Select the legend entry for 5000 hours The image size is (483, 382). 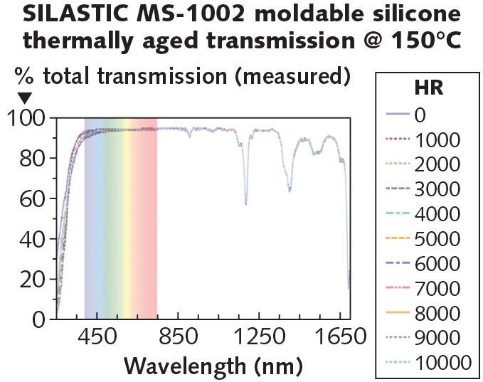point(427,238)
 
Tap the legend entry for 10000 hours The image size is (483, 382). point(427,362)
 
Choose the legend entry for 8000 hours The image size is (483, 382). point(427,313)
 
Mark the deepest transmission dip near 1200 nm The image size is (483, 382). point(246,203)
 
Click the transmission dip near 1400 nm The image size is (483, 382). point(290,190)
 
